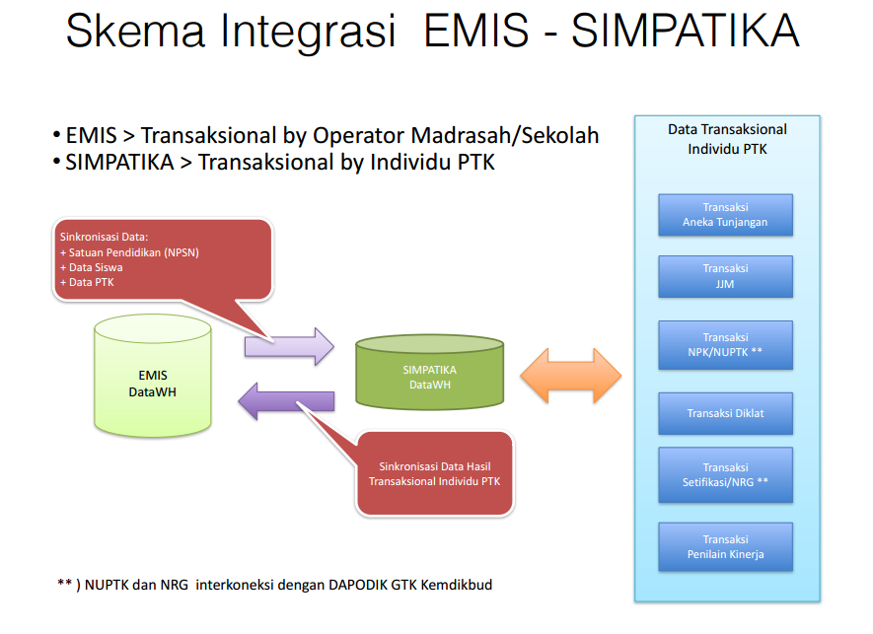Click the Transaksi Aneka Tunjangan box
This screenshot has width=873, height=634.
pyautogui.click(x=725, y=215)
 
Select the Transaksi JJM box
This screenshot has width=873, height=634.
pyautogui.click(x=725, y=276)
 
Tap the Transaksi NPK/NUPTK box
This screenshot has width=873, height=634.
pyautogui.click(x=725, y=344)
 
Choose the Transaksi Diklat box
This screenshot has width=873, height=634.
pyautogui.click(x=725, y=413)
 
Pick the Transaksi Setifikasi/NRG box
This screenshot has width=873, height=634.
pyautogui.click(x=725, y=475)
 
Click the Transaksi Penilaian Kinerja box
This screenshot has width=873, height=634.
pyautogui.click(x=725, y=547)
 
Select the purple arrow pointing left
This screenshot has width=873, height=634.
pyautogui.click(x=287, y=400)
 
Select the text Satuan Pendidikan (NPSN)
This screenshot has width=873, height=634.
pyautogui.click(x=132, y=252)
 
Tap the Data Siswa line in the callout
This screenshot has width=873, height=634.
pyautogui.click(x=95, y=267)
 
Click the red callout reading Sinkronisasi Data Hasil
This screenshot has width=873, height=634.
pyautogui.click(x=434, y=473)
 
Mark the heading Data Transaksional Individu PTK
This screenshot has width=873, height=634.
pyautogui.click(x=727, y=139)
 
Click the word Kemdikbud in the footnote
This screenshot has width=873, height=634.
pyautogui.click(x=457, y=584)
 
